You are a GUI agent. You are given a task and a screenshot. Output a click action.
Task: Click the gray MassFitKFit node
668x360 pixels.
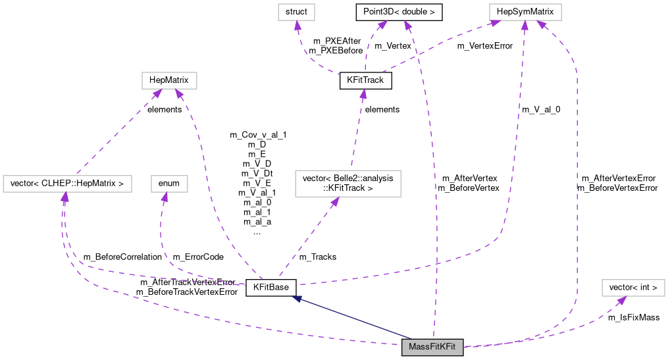click(x=432, y=347)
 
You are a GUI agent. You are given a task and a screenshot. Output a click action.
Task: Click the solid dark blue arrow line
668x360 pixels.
click(x=355, y=319)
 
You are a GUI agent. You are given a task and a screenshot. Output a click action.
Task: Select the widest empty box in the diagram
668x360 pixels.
click(x=67, y=184)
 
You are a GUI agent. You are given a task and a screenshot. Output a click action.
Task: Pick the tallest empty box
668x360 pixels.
click(x=347, y=183)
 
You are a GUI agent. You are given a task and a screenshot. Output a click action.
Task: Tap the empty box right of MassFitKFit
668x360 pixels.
click(x=633, y=288)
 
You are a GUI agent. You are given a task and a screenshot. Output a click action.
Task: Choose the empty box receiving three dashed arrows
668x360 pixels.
click(x=525, y=12)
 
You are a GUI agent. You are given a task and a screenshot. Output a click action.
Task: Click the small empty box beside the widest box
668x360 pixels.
click(x=169, y=184)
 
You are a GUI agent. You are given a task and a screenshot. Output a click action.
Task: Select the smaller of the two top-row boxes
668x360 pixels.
click(x=296, y=12)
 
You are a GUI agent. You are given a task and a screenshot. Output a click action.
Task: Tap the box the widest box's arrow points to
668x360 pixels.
click(x=169, y=80)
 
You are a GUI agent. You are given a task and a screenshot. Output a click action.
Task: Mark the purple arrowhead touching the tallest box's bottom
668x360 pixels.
click(x=335, y=201)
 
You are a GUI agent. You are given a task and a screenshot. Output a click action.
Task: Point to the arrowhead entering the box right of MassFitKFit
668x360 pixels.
click(x=621, y=300)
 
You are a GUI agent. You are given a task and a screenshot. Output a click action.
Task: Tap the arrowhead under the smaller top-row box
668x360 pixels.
click(x=297, y=26)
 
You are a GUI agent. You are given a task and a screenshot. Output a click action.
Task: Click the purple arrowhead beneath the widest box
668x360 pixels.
click(x=64, y=197)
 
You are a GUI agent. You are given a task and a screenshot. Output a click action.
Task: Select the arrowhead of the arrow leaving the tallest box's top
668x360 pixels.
click(x=363, y=93)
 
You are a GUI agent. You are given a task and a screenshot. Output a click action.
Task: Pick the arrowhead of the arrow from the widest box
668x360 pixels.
click(x=157, y=93)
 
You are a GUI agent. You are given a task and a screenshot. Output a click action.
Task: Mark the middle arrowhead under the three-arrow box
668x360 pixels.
click(x=525, y=26)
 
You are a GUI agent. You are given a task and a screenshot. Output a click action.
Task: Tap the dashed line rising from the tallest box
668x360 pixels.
click(x=357, y=132)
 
